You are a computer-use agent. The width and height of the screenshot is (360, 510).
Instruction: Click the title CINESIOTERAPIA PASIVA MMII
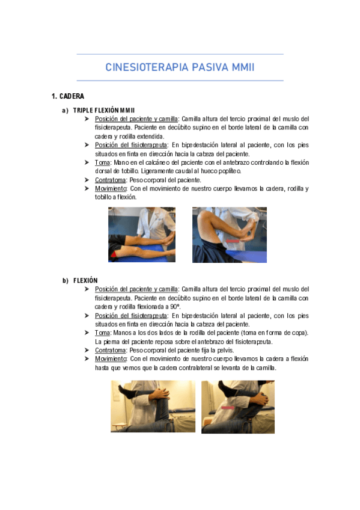(x=180, y=67)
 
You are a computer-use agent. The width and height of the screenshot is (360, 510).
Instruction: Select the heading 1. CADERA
(x=68, y=96)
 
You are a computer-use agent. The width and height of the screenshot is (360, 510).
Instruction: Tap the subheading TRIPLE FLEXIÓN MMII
(x=104, y=110)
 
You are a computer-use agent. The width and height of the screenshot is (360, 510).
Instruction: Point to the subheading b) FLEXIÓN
(x=80, y=280)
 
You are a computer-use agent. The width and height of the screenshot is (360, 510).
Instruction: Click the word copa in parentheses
(x=299, y=333)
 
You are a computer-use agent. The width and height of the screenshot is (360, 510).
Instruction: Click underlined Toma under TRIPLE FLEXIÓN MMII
(x=102, y=162)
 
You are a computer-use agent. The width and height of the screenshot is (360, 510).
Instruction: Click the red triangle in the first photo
(x=114, y=254)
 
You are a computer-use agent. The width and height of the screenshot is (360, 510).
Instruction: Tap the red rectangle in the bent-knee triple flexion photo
(x=233, y=241)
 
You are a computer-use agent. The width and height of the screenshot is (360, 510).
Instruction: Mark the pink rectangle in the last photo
(x=228, y=408)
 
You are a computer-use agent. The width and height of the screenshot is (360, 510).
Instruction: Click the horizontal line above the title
(x=180, y=54)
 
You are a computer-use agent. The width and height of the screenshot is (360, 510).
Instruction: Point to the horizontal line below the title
(x=180, y=81)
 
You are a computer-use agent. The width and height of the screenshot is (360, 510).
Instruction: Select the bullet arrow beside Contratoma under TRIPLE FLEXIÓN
(x=87, y=180)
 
